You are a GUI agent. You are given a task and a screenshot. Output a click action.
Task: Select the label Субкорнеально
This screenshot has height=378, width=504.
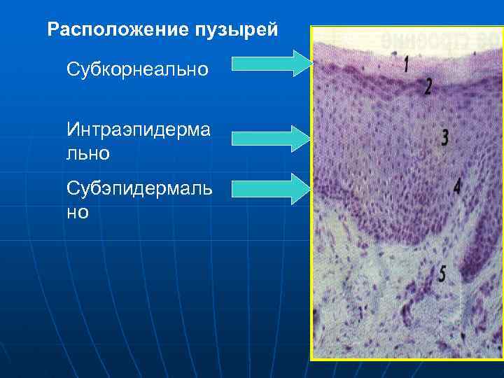tap(137, 69)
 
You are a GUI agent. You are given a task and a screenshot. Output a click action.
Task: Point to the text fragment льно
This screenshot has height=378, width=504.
tap(88, 152)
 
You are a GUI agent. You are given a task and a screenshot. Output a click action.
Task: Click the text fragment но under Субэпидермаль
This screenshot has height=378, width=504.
tap(78, 212)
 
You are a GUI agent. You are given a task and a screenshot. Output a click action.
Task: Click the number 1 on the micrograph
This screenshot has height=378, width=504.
tap(407, 65)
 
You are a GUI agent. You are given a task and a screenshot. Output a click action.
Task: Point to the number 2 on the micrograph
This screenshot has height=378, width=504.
tap(428, 86)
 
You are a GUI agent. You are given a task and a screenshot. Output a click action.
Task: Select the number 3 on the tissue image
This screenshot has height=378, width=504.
tap(444, 137)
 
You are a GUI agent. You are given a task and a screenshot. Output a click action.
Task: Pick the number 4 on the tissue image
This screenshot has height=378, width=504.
tap(456, 186)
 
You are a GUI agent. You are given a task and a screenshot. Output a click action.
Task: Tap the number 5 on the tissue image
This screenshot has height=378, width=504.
tap(442, 274)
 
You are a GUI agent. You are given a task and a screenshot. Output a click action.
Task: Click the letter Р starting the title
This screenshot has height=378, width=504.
tap(52, 30)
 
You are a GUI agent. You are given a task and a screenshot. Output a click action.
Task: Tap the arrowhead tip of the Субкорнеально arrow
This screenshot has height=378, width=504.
tap(309, 63)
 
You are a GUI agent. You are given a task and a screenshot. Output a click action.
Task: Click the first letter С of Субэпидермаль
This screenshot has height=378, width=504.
tap(72, 188)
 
